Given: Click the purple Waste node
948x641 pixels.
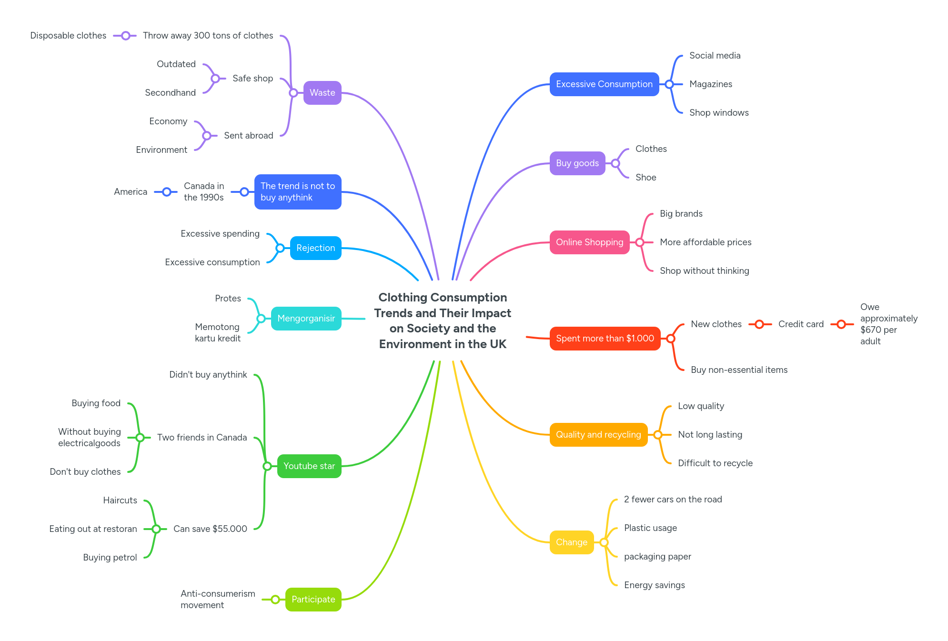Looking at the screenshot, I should pyautogui.click(x=322, y=93).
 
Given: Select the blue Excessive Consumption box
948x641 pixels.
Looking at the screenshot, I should pyautogui.click(x=604, y=84).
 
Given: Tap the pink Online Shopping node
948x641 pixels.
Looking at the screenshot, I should pyautogui.click(x=589, y=242).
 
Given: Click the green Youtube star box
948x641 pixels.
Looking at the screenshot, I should pyautogui.click(x=309, y=466).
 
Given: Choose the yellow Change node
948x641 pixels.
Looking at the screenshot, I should pyautogui.click(x=571, y=542).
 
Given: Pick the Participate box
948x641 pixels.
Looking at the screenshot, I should pyautogui.click(x=313, y=600).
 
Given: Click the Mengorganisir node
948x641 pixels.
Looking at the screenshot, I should pyautogui.click(x=306, y=319).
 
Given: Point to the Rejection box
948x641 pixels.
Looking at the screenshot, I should pyautogui.click(x=315, y=248).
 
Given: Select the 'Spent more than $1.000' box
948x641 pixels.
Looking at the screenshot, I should pyautogui.click(x=605, y=339).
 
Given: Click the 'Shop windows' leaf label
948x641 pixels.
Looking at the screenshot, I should pyautogui.click(x=718, y=113).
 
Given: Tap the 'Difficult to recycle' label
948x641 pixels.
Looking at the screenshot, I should pyautogui.click(x=715, y=463).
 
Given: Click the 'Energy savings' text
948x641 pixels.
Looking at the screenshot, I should pyautogui.click(x=654, y=585).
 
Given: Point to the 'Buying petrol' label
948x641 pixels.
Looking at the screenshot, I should pyautogui.click(x=110, y=558).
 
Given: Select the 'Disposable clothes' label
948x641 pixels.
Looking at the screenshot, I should pyautogui.click(x=68, y=36).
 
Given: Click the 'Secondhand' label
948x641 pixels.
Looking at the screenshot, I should pyautogui.click(x=170, y=93).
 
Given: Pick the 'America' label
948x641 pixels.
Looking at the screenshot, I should pyautogui.click(x=131, y=192).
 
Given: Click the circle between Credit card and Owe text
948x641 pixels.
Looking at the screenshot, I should pyautogui.click(x=841, y=324).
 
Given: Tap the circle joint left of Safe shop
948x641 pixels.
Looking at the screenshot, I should pyautogui.click(x=215, y=79).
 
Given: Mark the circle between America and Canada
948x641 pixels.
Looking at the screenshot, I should pyautogui.click(x=167, y=192).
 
